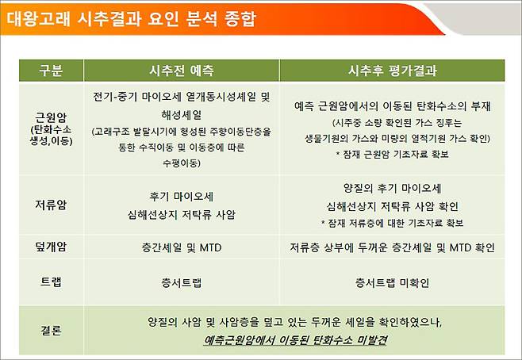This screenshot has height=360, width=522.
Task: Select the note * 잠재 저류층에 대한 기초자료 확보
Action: coord(394,223)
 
